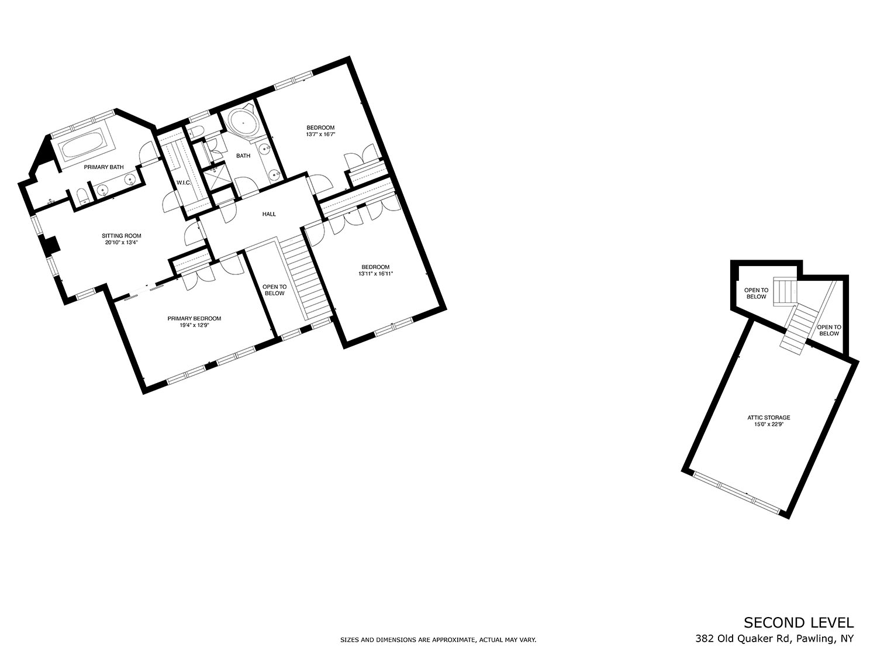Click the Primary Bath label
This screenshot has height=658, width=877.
tap(103, 167)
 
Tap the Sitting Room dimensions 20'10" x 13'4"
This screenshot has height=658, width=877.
tap(122, 243)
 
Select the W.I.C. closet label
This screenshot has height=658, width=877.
tap(184, 182)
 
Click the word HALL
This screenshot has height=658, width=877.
tap(269, 214)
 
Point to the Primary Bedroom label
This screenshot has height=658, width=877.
tap(194, 318)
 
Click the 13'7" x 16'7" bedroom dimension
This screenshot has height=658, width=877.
tap(320, 135)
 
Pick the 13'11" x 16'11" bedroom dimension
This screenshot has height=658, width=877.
tap(375, 274)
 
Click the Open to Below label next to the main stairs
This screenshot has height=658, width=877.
tap(274, 290)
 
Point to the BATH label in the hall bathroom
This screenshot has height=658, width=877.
tap(243, 156)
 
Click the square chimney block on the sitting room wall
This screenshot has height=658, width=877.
tap(50, 245)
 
